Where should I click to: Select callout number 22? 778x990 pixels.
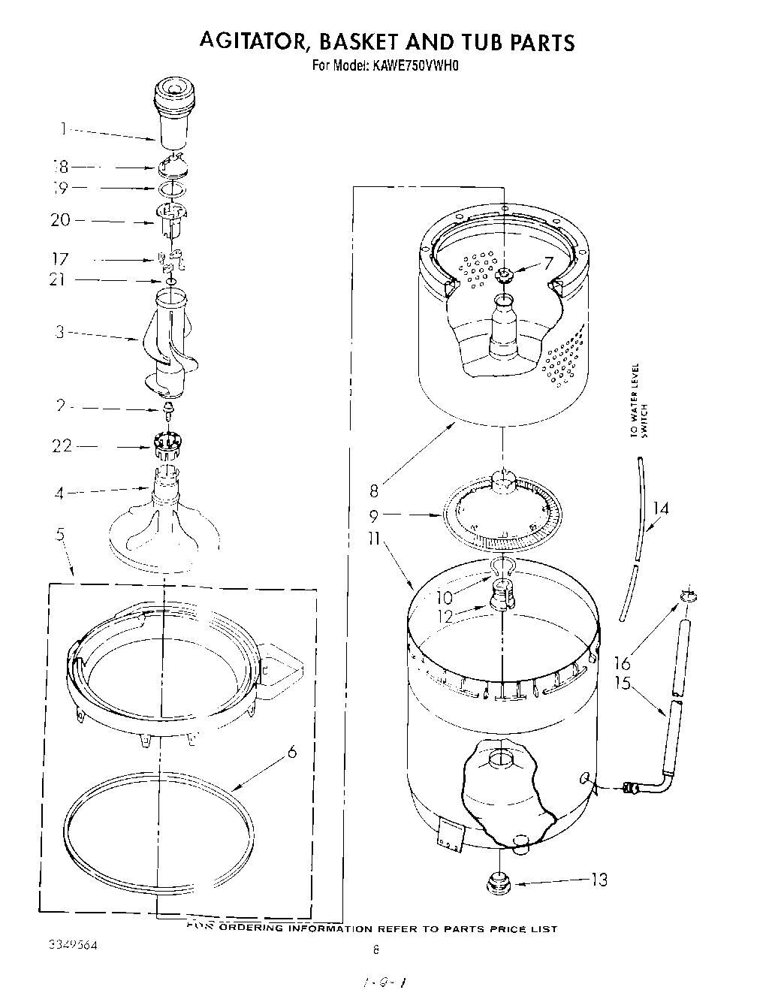(x=62, y=446)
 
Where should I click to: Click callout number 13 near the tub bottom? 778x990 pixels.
(x=599, y=879)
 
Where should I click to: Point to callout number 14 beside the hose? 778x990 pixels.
(x=660, y=509)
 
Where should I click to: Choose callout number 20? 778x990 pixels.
(x=60, y=220)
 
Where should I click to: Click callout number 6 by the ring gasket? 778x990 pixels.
(x=292, y=751)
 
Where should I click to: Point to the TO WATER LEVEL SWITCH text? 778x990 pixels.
(x=639, y=400)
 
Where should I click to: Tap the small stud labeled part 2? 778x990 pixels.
(x=169, y=410)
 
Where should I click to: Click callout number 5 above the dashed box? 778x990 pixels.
(x=59, y=536)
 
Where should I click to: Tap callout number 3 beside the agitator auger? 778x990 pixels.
(x=60, y=332)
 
